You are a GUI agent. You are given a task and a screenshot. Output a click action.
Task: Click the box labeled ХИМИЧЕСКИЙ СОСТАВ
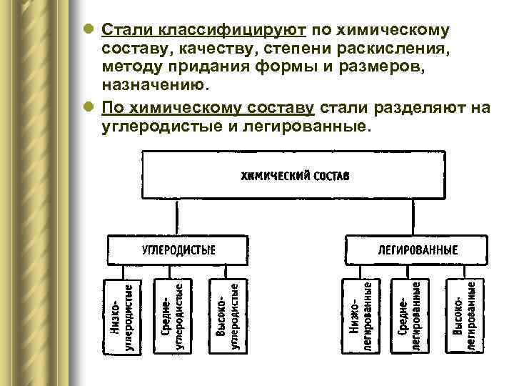pyautogui.click(x=293, y=176)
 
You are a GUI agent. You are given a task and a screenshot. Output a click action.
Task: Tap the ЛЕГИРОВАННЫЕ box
pyautogui.click(x=417, y=249)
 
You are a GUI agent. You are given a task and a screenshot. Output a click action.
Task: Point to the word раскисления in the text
pyautogui.click(x=394, y=49)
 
